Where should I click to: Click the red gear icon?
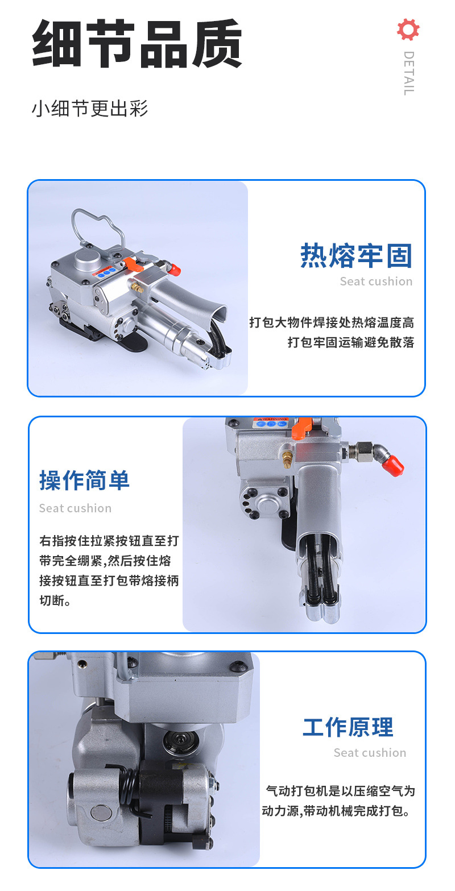coord(408,30)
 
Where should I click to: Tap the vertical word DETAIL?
coord(409,73)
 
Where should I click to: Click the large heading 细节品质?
coord(137,43)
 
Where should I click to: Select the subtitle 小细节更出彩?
coord(90,109)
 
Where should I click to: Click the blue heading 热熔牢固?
coord(357,255)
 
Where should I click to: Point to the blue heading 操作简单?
coord(84,480)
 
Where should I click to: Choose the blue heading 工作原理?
coord(348,727)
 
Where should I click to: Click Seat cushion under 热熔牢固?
coord(376,281)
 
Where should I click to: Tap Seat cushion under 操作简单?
coord(75,508)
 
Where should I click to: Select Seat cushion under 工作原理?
coord(370,753)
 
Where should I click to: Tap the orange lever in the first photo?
coord(131,264)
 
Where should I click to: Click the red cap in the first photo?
coord(175,271)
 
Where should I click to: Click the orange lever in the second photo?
coord(301,428)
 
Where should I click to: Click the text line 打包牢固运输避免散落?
coord(351,342)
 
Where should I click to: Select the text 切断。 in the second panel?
coord(55,600)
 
